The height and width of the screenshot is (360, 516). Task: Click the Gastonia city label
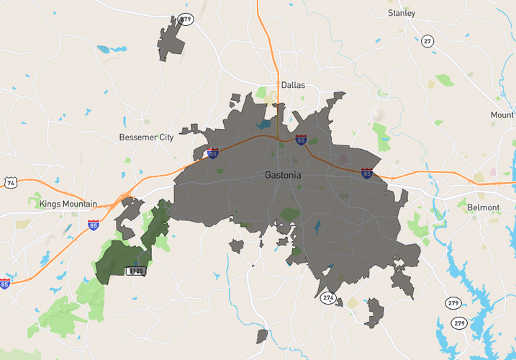point(283,175)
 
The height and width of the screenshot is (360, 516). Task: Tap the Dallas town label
point(293,85)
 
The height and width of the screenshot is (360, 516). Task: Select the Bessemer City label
point(146,137)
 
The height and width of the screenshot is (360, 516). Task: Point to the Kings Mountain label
point(68,204)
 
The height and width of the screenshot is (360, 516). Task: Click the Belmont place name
point(484,207)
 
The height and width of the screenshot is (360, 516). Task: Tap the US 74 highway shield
point(10,183)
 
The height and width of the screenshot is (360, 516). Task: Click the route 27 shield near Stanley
point(428,40)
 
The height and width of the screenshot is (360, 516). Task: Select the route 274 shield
point(329,297)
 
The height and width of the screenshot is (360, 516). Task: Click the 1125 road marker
point(135,271)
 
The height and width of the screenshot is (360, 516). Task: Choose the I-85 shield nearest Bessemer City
point(212,153)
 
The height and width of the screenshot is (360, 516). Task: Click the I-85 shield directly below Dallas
point(301,140)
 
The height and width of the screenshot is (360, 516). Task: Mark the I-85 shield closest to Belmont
point(366,174)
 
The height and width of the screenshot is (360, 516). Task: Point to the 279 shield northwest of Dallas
point(187,19)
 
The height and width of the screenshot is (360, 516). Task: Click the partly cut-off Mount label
point(502,115)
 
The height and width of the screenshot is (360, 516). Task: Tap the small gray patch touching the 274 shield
point(339,302)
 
